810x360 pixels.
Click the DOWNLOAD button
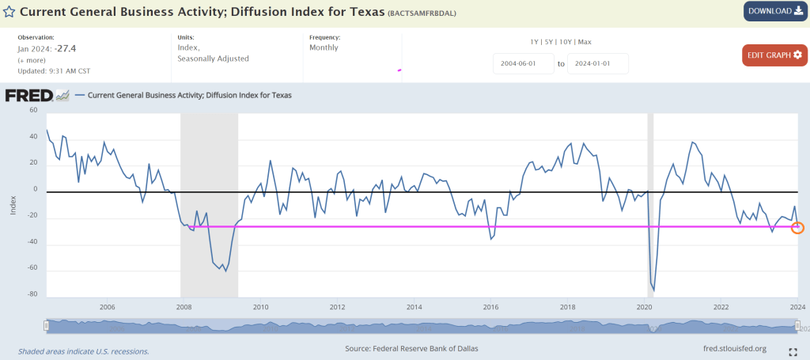coord(774,11)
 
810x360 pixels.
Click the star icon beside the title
coord(8,13)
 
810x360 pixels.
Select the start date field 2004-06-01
coord(522,63)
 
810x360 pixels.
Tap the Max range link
coord(585,41)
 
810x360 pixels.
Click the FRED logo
coord(28,96)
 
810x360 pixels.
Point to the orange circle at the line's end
coord(797,228)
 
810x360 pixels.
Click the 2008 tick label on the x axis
coord(184,307)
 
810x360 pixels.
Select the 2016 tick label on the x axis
coord(490,307)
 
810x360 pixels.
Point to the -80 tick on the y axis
coord(32,294)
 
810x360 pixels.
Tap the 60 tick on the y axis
coord(33,111)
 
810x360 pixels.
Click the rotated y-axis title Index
coord(13,203)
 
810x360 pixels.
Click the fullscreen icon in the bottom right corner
coord(793,350)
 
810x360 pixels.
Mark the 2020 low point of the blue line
coord(654,290)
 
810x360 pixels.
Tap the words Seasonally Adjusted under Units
coord(214,59)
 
